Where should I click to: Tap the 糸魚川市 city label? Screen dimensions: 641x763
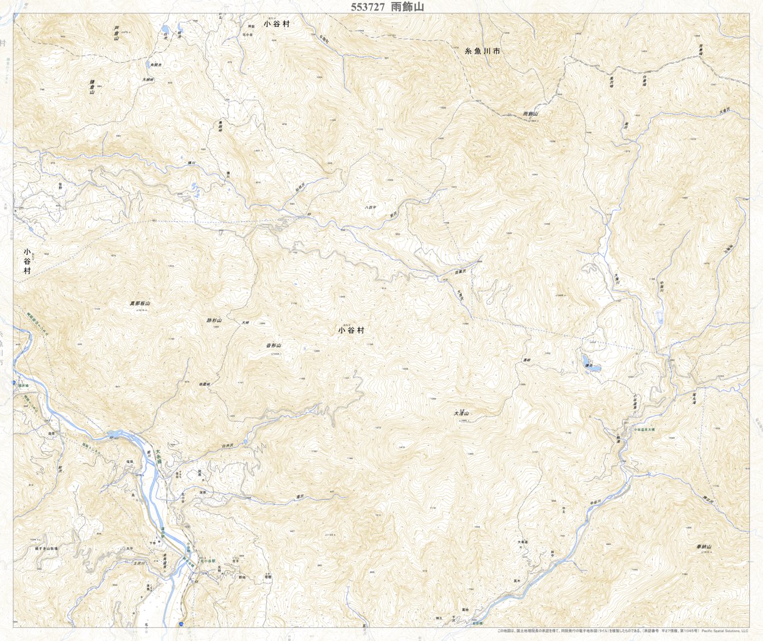tap(482, 54)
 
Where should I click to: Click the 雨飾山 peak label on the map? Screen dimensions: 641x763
tap(531, 115)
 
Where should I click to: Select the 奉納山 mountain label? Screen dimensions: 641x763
tap(704, 547)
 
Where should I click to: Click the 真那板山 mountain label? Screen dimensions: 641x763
tap(140, 303)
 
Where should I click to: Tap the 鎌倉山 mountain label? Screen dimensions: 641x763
tap(91, 87)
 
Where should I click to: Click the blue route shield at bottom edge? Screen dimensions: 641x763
tap(180, 624)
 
